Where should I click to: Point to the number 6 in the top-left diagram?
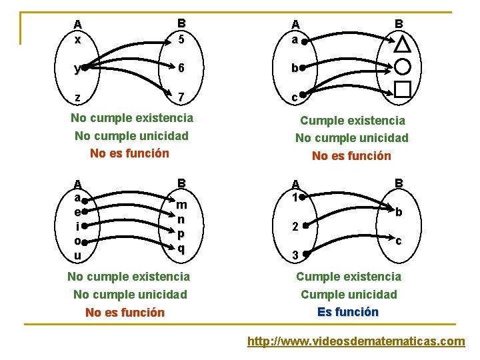coord(181,68)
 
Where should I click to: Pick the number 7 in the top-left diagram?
coord(181,97)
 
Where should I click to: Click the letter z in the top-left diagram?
coord(78,97)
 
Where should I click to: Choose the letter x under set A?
coord(78,39)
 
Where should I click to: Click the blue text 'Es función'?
coord(348,312)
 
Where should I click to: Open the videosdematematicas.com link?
coord(356,341)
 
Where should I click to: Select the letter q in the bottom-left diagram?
coord(181,249)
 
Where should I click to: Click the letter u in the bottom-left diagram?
coord(78,256)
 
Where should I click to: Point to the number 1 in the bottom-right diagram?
coord(293,197)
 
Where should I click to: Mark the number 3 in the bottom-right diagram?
coord(293,255)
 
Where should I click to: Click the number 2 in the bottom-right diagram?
coord(293,227)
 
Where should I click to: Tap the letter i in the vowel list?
coord(78,226)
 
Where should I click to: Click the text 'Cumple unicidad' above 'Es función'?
coord(349,295)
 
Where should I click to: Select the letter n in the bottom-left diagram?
coord(181,219)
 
